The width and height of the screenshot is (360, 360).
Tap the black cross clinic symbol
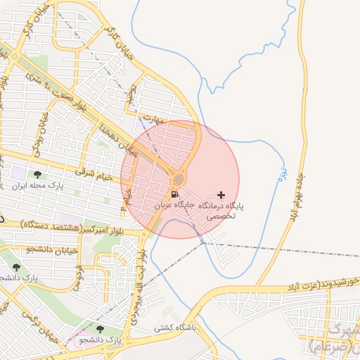(222, 194)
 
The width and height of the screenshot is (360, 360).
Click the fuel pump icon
(174, 194)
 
